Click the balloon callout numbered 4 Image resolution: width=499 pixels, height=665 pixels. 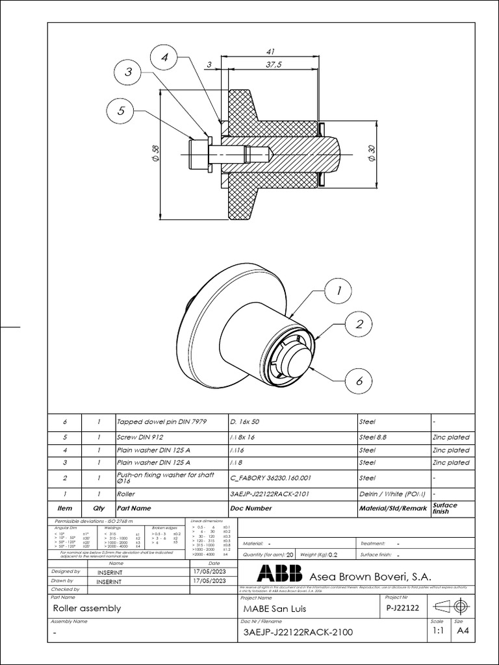click(x=165, y=57)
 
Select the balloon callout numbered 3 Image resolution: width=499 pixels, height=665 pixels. click(x=129, y=73)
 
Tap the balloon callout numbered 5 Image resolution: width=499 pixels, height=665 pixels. click(x=121, y=111)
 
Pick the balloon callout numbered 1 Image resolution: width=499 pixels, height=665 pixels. click(x=338, y=292)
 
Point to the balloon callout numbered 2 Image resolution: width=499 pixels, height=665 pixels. click(x=359, y=325)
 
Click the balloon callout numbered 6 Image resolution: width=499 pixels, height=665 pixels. click(x=359, y=381)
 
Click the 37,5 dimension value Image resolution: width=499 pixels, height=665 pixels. click(x=274, y=64)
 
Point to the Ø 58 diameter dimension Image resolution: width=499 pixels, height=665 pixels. click(x=155, y=153)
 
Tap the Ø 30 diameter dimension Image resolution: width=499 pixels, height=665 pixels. click(x=372, y=153)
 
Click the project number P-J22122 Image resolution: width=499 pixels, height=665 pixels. click(x=403, y=607)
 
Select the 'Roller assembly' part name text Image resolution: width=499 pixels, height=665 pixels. click(x=86, y=609)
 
